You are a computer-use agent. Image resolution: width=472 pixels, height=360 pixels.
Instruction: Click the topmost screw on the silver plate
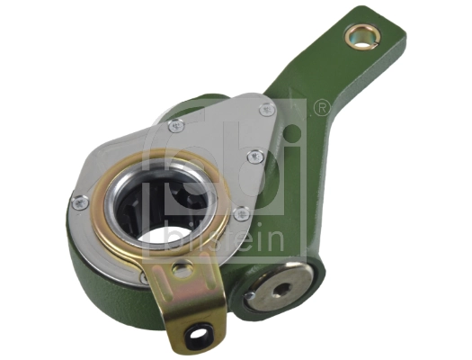267,109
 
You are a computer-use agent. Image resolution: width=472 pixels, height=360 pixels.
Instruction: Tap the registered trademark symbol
319,108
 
